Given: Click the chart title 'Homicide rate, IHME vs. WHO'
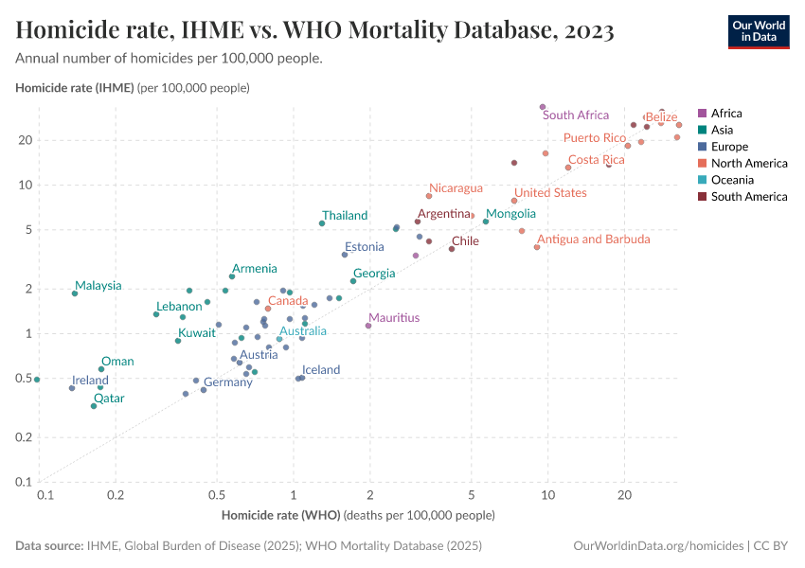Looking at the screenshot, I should (x=314, y=31).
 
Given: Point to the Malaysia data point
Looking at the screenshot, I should (x=75, y=293).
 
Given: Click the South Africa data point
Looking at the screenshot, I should (x=543, y=107).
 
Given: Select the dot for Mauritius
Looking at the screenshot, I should (x=368, y=326).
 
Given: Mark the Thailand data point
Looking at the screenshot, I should (x=322, y=223).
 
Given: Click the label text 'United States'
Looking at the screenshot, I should (x=550, y=193).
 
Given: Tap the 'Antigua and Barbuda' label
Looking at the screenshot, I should (x=594, y=240).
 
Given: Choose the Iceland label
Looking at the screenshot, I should (x=321, y=370).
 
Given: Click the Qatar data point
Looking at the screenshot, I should (x=94, y=406).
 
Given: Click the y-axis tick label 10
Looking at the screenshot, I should (x=26, y=185).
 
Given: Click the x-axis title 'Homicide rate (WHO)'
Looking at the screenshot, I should (x=282, y=516).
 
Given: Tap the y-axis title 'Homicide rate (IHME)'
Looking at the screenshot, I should (x=75, y=88).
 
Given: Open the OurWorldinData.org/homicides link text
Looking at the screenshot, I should (x=658, y=546).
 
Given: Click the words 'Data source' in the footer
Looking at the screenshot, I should (x=48, y=546).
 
